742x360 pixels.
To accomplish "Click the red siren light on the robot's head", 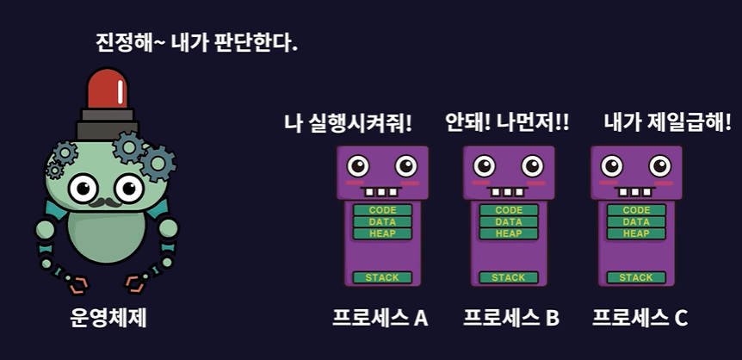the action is tap(107, 90).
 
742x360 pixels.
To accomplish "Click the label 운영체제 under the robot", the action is tap(108, 318).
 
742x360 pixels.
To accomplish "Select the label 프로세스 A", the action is tap(380, 318).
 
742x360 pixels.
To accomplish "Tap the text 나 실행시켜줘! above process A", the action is tap(348, 123).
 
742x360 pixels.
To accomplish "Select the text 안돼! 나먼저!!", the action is tap(507, 123).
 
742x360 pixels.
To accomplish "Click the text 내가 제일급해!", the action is tap(667, 123).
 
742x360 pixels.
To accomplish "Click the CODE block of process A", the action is tap(381, 210).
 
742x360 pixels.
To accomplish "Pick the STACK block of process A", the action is tap(381, 277).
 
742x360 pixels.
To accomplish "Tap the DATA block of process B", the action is tap(509, 222).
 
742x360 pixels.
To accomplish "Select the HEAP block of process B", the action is tap(509, 233).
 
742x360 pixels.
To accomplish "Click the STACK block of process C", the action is tap(636, 277).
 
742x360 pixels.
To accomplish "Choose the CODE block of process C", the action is tap(636, 210).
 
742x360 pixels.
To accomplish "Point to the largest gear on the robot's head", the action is tap(158, 163).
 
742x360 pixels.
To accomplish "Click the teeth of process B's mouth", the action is tap(509, 191).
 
